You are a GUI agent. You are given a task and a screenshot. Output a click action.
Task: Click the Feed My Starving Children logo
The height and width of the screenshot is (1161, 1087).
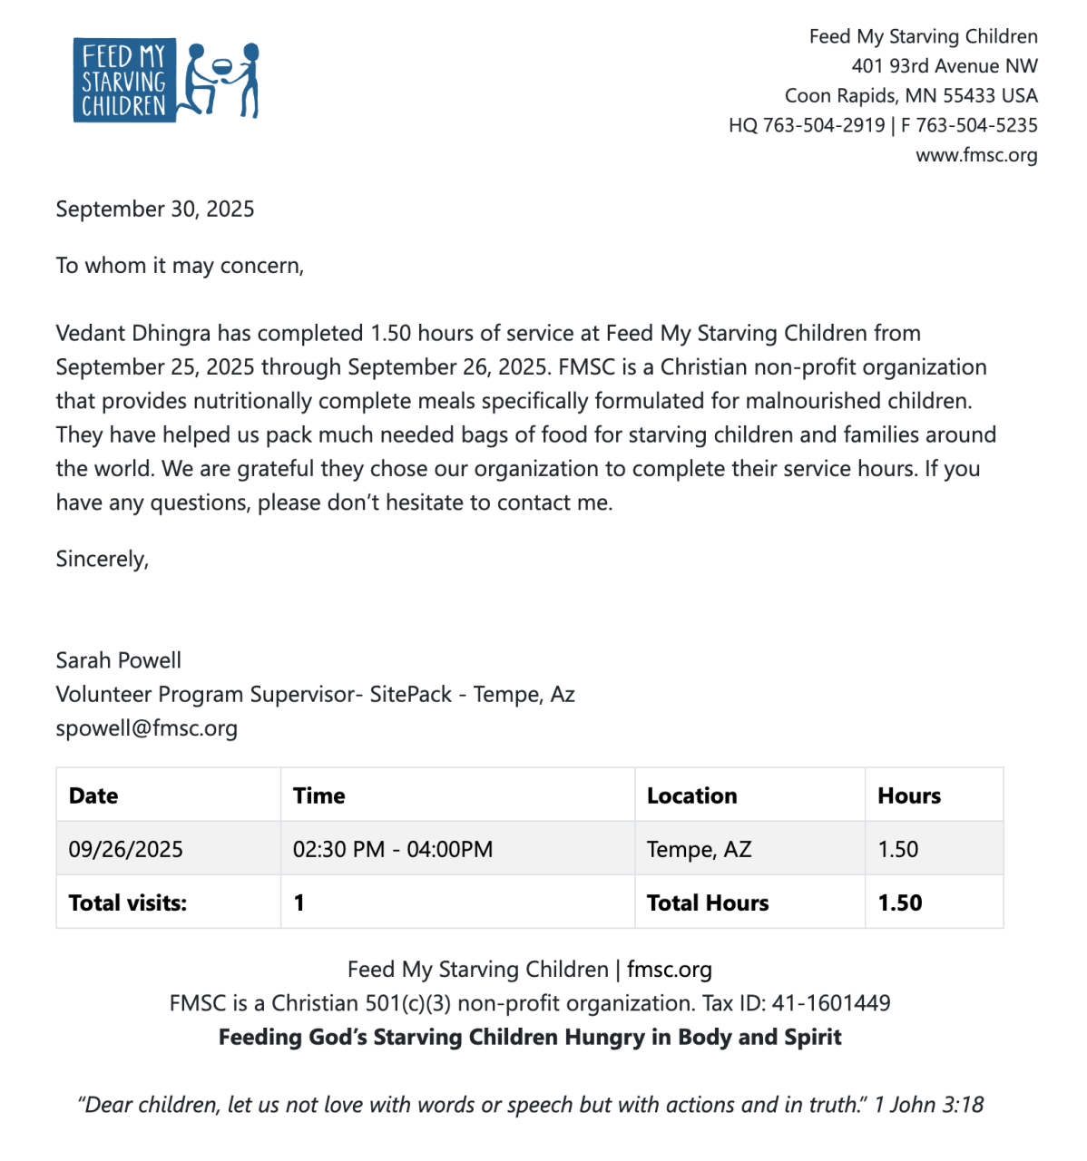[166, 80]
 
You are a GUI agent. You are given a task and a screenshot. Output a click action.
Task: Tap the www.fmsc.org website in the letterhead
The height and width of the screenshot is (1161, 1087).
[976, 155]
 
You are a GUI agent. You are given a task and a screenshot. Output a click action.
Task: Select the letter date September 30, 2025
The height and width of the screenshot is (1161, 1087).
[155, 210]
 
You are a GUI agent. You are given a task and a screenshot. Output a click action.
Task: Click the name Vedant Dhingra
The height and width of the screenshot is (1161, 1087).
[133, 334]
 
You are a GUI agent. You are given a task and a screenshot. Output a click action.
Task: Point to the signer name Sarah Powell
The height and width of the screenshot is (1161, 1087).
[119, 660]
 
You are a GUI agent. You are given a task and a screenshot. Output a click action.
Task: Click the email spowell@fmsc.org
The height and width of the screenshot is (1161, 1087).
[147, 728]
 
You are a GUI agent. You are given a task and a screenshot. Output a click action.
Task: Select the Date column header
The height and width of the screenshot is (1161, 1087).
[93, 795]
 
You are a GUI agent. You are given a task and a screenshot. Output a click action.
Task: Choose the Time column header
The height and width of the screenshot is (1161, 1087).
[318, 795]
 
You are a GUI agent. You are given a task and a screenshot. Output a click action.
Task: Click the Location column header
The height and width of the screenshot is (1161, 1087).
[691, 795]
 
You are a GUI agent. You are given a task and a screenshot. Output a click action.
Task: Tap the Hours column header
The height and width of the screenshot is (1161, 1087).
[909, 795]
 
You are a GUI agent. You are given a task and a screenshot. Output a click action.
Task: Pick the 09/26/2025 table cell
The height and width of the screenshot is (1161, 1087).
[126, 849]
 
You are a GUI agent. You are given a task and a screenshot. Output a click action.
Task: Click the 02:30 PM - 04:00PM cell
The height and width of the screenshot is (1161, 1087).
[393, 849]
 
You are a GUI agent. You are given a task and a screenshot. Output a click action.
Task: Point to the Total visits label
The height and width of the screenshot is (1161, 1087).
[128, 902]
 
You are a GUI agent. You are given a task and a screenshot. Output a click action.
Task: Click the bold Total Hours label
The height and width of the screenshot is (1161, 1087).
[708, 902]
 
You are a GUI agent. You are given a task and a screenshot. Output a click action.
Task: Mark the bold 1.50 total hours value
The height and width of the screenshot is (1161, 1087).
[900, 902]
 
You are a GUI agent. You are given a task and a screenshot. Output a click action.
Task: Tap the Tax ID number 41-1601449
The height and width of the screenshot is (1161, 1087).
[831, 1003]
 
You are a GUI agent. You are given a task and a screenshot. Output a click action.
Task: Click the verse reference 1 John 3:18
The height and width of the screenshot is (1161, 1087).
[929, 1105]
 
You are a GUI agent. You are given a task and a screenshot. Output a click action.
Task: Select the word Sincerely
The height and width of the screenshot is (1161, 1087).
[103, 559]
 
